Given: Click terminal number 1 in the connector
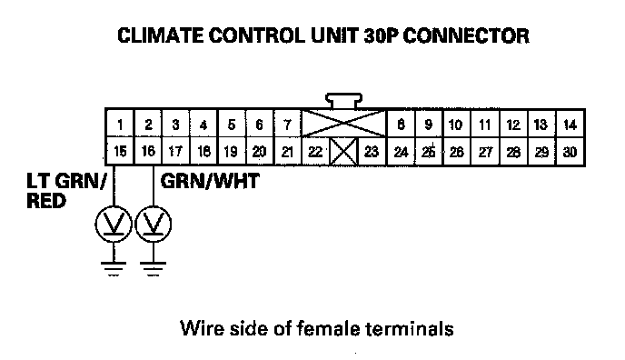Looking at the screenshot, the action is click(x=120, y=125).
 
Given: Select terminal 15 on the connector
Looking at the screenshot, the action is click(x=120, y=151).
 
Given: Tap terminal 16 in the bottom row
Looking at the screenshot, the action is click(x=148, y=151).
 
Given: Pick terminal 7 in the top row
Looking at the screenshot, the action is click(x=287, y=125).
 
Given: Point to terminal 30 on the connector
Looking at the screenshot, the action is click(x=570, y=152).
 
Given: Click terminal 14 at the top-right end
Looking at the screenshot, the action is click(x=570, y=125).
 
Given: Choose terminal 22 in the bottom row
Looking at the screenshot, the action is click(x=315, y=152).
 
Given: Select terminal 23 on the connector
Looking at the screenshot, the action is click(x=372, y=152).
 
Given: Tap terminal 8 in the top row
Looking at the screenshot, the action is click(x=401, y=125).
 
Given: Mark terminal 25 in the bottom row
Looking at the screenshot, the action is click(x=429, y=152).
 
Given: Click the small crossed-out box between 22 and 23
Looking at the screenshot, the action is click(x=343, y=152).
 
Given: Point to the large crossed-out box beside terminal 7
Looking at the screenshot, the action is click(x=343, y=124).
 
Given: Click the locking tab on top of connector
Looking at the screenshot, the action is click(x=343, y=101).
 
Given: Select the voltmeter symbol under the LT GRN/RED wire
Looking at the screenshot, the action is click(x=114, y=224).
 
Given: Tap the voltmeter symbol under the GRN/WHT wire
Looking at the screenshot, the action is click(x=154, y=224).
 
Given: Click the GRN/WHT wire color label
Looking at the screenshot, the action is click(x=210, y=181).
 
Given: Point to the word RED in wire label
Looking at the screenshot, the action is click(x=45, y=201).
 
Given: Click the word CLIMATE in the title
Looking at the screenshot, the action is click(x=160, y=35).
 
